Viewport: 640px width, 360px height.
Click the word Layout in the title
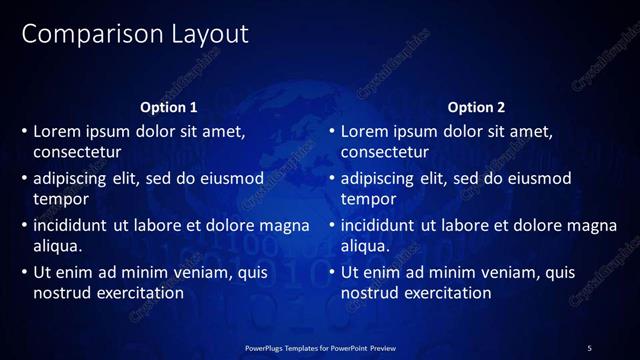click(203, 34)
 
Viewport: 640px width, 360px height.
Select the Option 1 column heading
click(169, 107)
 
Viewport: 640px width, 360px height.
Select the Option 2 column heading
click(476, 107)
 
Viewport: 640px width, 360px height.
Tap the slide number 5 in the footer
click(589, 347)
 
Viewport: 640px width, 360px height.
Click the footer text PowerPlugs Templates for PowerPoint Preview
click(320, 347)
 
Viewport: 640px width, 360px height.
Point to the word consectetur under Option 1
click(77, 153)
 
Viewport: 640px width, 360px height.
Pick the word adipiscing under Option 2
click(378, 178)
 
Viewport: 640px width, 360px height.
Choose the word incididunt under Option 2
click(379, 225)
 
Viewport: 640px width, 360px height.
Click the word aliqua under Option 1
click(57, 246)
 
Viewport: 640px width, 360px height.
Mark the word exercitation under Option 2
click(445, 293)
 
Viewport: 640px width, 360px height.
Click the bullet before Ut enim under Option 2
click(332, 272)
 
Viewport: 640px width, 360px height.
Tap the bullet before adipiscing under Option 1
click(25, 178)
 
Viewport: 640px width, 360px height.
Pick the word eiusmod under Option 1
click(233, 178)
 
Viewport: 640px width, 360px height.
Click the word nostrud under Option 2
click(371, 293)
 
